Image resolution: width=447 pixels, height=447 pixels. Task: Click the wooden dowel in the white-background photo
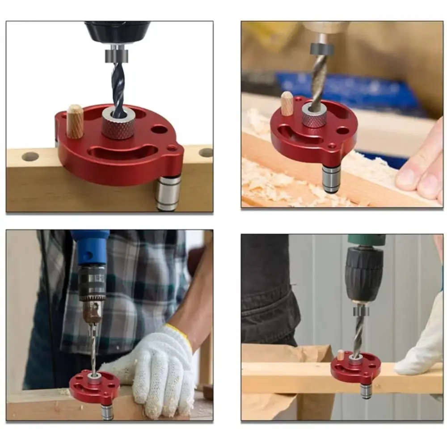pyautogui.click(x=75, y=121)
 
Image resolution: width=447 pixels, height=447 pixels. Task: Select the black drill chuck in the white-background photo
pyautogui.click(x=117, y=32)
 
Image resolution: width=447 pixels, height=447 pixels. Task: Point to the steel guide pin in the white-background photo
pyautogui.click(x=168, y=193)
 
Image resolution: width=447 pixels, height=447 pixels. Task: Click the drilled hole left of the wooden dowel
pyautogui.click(x=30, y=156)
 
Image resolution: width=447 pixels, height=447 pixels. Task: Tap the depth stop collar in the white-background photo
pyautogui.click(x=117, y=56)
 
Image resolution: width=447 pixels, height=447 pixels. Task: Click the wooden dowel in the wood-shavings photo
pyautogui.click(x=287, y=103)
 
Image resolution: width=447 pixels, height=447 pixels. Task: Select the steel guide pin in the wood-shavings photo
pyautogui.click(x=332, y=179)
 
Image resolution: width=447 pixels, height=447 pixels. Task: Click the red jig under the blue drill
pyautogui.click(x=94, y=387)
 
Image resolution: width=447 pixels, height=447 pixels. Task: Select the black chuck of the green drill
pyautogui.click(x=364, y=273)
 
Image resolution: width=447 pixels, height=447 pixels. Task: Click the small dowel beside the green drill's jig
pyautogui.click(x=340, y=355)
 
